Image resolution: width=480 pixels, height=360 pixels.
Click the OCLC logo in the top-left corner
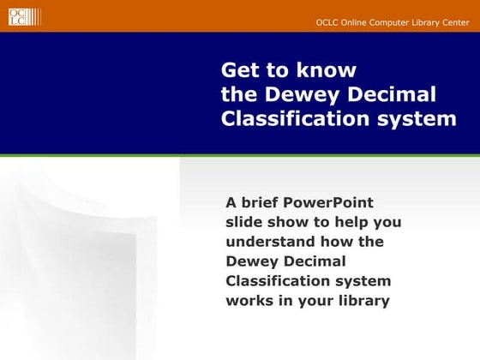click(x=18, y=16)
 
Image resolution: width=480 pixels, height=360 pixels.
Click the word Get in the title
click(x=239, y=69)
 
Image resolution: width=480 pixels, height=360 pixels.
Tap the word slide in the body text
click(x=245, y=223)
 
